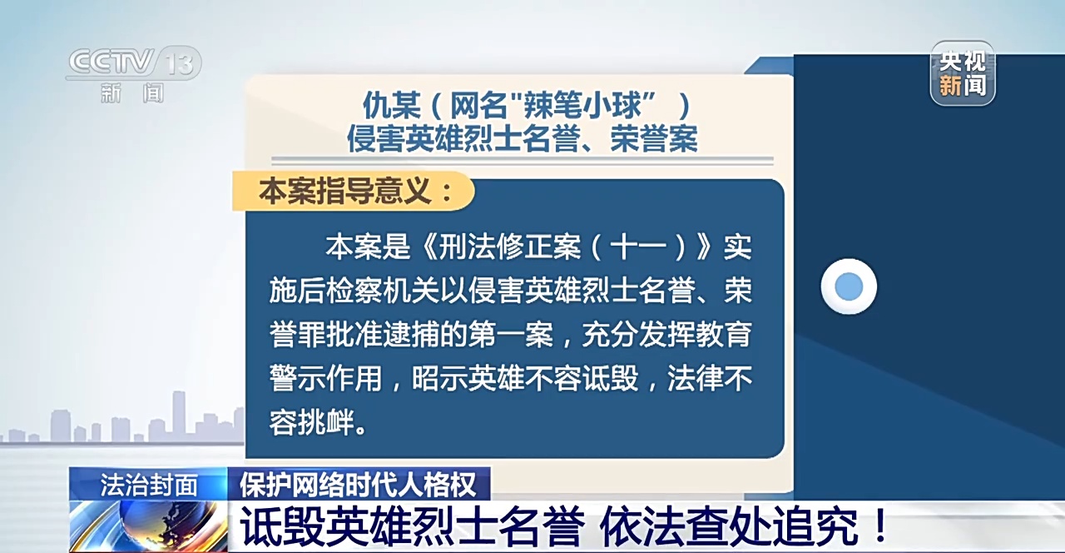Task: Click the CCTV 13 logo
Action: (134, 74)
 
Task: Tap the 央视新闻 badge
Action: (963, 72)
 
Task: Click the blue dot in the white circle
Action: (849, 286)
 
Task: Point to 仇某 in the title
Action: (392, 105)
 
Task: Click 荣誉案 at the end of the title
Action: (654, 138)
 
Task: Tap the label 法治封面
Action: (149, 486)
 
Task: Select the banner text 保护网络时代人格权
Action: (358, 486)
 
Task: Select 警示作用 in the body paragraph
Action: (325, 378)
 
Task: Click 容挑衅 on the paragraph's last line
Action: (312, 422)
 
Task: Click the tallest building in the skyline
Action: (179, 414)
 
